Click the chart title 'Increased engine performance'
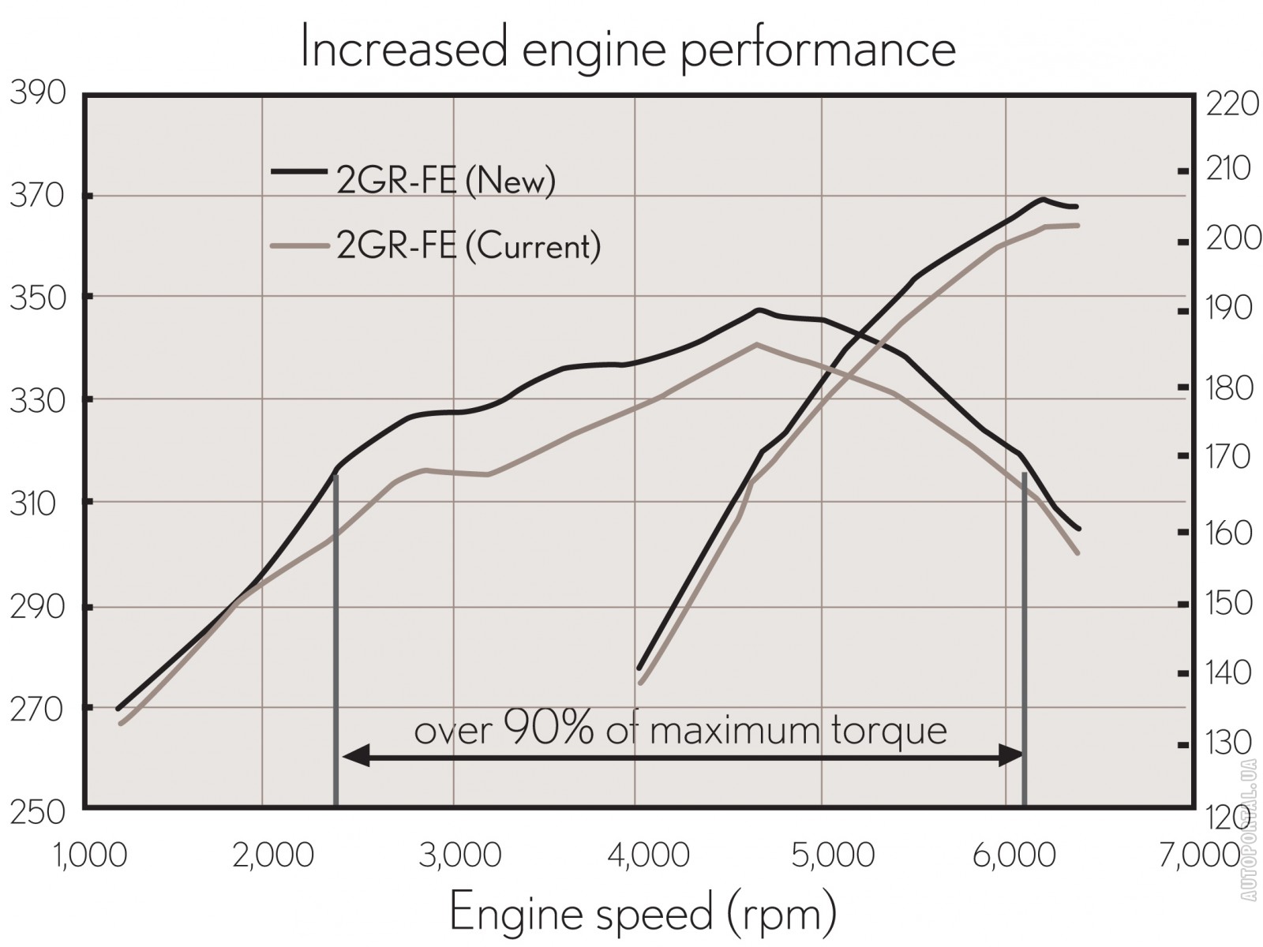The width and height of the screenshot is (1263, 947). coord(628,49)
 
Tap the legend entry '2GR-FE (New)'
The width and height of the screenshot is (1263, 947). coord(446,181)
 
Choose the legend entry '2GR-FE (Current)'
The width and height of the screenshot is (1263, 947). coord(468,245)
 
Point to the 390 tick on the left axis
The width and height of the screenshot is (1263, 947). coord(38,93)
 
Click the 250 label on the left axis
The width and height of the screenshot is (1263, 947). coord(38,812)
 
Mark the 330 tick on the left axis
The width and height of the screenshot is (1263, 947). coord(38,401)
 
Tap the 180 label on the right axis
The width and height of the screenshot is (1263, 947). coord(1230,387)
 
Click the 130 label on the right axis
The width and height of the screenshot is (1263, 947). coord(1230,743)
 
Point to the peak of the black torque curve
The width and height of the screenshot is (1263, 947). coord(759,310)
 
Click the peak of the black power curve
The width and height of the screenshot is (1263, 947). coord(1043,199)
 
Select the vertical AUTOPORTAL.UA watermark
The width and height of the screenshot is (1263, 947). coord(1248,829)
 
